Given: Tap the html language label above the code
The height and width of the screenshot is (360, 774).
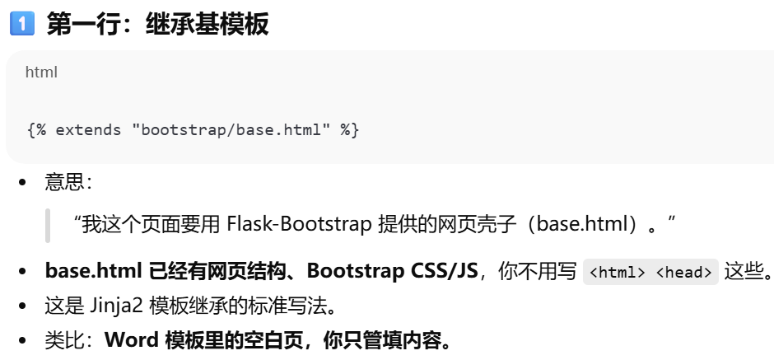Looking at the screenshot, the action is pyautogui.click(x=41, y=72).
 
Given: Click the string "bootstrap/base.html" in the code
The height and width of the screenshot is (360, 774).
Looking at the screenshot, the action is pyautogui.click(x=230, y=130).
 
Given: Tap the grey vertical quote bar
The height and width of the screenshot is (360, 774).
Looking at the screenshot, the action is pyautogui.click(x=48, y=225).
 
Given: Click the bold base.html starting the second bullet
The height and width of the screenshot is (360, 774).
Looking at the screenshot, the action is pyautogui.click(x=93, y=270).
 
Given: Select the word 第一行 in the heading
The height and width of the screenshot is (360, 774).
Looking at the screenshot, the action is pyautogui.click(x=75, y=25).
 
